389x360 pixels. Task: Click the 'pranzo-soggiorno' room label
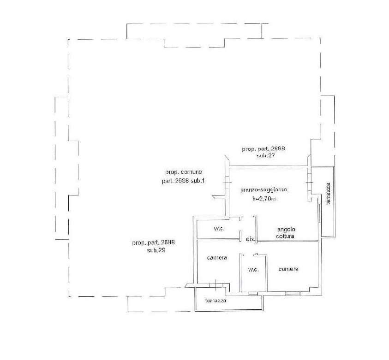coord(263,190)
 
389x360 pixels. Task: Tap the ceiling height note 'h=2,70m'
coord(264,199)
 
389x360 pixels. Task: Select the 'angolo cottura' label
coord(286,233)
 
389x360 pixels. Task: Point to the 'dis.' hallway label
coord(250,239)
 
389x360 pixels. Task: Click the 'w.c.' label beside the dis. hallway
coord(219,229)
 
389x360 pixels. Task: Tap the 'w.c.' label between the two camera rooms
coord(253,270)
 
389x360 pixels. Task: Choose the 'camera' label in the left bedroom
coord(217,258)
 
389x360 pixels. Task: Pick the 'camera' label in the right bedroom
coord(288,269)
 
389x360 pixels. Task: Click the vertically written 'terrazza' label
coord(328,194)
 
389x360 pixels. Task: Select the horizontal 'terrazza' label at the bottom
coord(216,301)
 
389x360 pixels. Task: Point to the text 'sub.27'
coord(266,156)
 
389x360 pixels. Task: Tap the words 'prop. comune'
coord(184,172)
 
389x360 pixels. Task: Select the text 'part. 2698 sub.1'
coord(183,181)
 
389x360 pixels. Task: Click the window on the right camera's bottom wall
coord(293,294)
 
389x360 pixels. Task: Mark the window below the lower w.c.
coord(253,294)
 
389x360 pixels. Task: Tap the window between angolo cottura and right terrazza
coord(319,213)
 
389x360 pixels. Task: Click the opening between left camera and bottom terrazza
coord(216,285)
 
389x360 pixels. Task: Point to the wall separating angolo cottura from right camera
coord(287,241)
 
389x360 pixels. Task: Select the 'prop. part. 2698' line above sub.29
coord(153,242)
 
